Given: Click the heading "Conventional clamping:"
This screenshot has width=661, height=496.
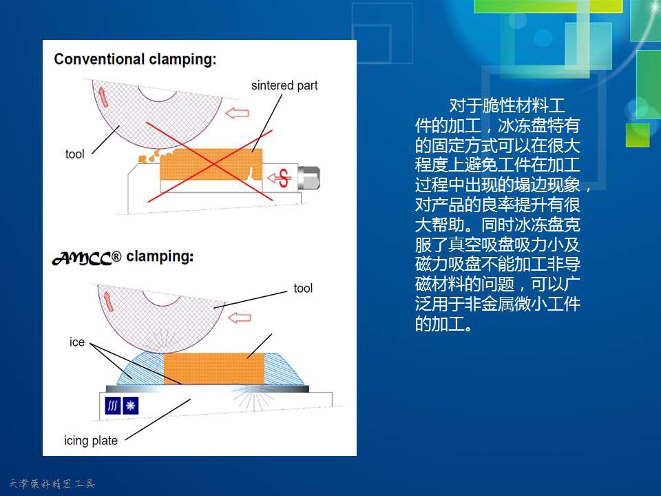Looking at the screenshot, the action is pos(135,59).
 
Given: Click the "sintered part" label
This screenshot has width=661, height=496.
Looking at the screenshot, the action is pos(284,85).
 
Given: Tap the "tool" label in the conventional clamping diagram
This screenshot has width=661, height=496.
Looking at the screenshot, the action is pos(74,154).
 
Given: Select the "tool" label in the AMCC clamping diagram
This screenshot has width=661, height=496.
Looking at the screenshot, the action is pos(303,289).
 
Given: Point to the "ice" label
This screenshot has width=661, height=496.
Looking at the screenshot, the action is pos(76,342).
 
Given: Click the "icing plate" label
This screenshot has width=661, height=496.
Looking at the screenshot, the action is pos(91,441).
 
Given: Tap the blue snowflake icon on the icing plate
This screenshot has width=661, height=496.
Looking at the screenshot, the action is pos(130,406).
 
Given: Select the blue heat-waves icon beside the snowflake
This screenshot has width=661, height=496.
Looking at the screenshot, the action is pos(112,406).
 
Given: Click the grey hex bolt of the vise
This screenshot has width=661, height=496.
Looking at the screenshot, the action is pos(308,178).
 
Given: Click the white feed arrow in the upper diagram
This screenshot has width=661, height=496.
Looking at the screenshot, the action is pos(238,113).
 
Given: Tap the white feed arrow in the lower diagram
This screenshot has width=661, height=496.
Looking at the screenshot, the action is pos(240,317).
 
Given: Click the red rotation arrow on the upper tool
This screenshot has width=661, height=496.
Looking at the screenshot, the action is pos(103,96).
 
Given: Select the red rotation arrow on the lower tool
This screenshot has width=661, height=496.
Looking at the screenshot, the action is pos(108,302).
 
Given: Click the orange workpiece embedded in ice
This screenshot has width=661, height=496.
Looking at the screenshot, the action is pos(213,369).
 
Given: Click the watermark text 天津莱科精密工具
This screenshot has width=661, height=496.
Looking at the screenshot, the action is pos(52,484).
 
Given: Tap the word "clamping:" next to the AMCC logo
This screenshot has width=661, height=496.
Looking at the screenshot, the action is pos(160,256).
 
